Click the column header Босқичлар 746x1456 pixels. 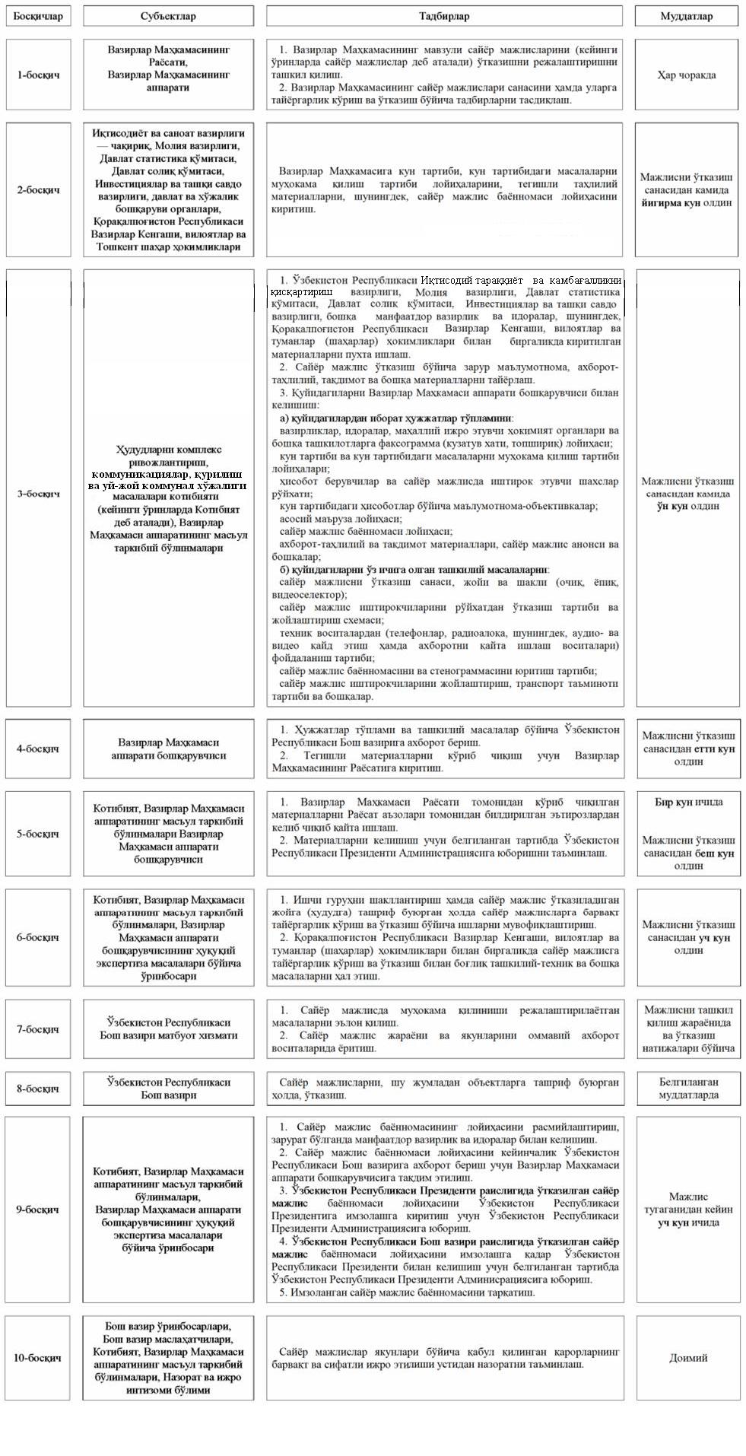38,16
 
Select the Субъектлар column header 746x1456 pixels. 168,16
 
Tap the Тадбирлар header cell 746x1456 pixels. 445,16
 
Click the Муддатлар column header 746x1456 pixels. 687,16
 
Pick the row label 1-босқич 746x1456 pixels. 38,75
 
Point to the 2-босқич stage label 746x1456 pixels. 38,189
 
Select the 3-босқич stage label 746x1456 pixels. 38,493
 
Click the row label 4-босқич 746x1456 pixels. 38,749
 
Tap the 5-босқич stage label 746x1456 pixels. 38,834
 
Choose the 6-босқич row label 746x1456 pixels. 38,937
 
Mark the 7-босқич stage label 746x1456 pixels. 38,1029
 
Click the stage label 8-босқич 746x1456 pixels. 38,1089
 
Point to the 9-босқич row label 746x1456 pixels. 38,1210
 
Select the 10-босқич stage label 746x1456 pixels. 38,1358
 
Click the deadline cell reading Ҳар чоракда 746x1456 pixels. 687,75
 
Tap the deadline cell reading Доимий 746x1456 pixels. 687,1358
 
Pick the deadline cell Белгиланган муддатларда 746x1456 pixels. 687,1089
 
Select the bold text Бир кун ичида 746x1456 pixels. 687,802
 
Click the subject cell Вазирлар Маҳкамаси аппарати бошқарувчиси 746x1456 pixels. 168,749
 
